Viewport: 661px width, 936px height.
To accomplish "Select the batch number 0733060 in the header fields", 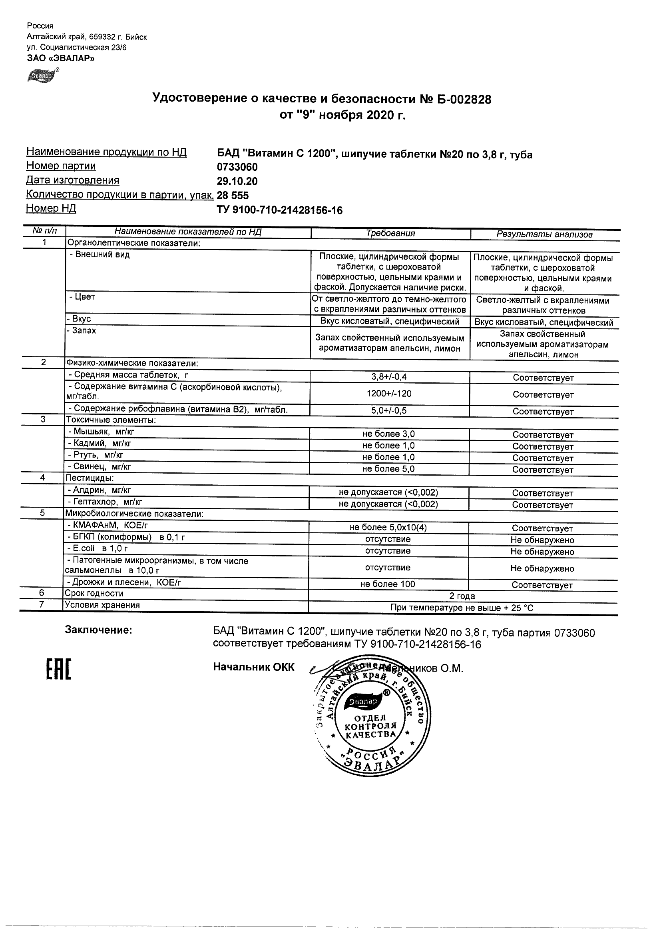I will [237, 167].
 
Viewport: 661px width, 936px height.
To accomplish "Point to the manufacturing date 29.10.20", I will [237, 182].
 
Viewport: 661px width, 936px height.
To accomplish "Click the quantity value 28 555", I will [233, 196].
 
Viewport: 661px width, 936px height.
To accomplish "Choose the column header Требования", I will [390, 234].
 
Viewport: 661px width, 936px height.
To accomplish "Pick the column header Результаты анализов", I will [544, 234].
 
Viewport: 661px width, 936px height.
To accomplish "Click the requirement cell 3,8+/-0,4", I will [389, 377].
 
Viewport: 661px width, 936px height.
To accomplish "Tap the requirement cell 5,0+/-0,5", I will [389, 411].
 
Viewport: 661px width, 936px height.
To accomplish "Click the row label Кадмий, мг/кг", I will [100, 444].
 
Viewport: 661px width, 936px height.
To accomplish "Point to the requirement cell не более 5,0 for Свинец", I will [388, 469].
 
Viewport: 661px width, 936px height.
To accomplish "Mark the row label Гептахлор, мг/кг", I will [105, 502].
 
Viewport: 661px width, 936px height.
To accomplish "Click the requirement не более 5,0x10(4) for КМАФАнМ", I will [388, 528].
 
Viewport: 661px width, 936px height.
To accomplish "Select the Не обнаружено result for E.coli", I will [542, 552].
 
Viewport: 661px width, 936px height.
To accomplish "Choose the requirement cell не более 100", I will [387, 584].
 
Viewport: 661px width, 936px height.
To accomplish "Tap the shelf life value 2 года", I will [462, 596].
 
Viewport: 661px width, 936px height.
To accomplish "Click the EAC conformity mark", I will [58, 670].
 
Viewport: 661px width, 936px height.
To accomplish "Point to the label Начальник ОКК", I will [253, 667].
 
